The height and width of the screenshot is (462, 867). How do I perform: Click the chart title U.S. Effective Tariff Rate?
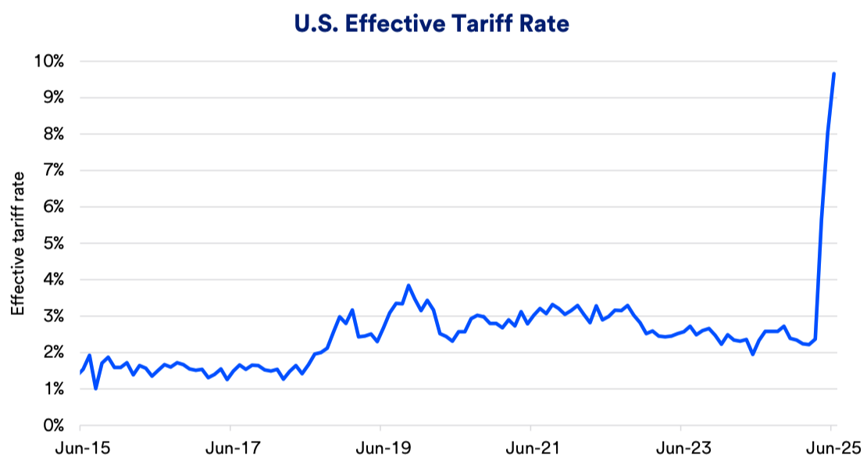click(x=433, y=24)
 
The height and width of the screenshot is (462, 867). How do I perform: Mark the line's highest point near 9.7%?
click(x=834, y=73)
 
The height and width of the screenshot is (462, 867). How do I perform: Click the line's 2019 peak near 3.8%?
click(x=409, y=285)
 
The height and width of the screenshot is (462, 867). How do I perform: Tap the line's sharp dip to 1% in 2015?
click(x=95, y=389)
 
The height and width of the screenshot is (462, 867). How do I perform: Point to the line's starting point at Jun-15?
click(x=80, y=373)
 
